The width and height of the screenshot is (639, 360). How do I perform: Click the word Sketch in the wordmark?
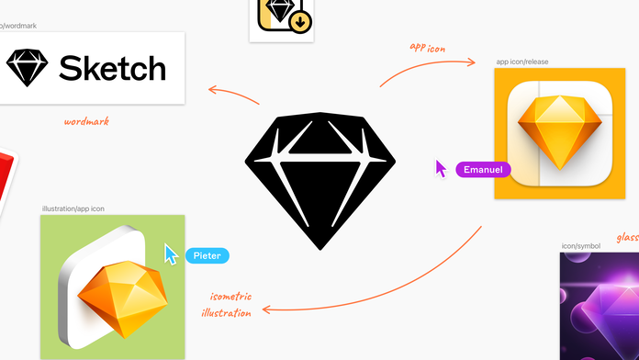point(113,68)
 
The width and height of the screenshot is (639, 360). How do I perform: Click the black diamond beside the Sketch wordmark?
point(28,68)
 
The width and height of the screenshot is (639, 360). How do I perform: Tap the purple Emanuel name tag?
point(483,170)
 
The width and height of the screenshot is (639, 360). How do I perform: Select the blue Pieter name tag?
point(207,255)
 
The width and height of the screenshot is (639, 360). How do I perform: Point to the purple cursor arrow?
point(440,168)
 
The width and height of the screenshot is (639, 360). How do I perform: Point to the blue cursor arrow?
point(171,254)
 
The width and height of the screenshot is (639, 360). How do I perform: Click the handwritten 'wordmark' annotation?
point(86,121)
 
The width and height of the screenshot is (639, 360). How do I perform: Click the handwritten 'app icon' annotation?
point(428,48)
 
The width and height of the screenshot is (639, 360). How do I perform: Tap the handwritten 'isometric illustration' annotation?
point(227,305)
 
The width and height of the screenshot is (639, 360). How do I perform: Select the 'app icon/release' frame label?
point(522,62)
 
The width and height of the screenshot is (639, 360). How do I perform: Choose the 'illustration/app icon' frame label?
point(73,208)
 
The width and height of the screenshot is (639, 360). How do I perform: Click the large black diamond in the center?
point(319,181)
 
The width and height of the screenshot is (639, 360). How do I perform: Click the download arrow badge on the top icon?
point(300,22)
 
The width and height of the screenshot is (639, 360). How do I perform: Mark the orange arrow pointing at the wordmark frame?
point(233,95)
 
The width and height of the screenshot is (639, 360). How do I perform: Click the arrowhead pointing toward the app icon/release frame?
point(472,62)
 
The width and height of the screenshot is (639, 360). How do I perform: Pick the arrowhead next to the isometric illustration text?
point(267,309)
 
